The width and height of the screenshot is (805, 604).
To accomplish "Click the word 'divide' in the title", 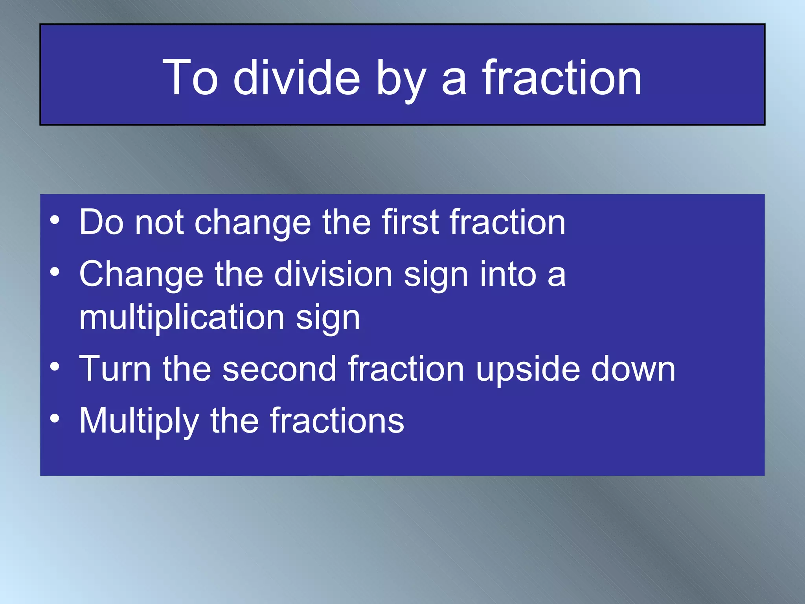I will (x=297, y=77).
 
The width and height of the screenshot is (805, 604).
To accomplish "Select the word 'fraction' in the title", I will (x=562, y=77).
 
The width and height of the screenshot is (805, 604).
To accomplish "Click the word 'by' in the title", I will (x=401, y=81).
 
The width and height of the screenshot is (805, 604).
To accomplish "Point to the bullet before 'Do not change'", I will (x=55, y=219).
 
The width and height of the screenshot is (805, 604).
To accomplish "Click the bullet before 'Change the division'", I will (x=55, y=271).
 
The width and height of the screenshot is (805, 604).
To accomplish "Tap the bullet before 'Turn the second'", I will (x=55, y=366).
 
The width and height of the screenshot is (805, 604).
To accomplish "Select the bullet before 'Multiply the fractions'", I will (x=55, y=418).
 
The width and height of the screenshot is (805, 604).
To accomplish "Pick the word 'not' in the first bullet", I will (x=160, y=223).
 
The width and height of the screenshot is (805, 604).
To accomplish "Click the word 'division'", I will (x=333, y=274).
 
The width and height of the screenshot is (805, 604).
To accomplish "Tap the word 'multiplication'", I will (x=182, y=317).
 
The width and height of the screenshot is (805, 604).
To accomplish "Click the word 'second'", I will (x=279, y=369).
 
